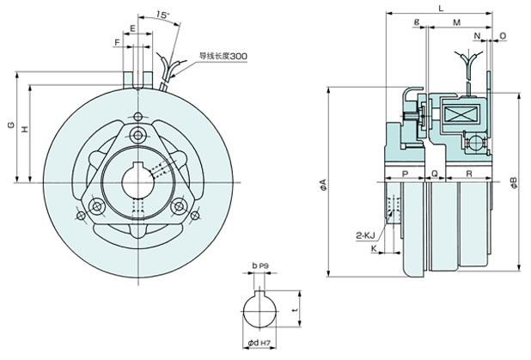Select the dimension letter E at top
pos(134,28)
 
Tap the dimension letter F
pos(117,40)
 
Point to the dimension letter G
pos(9,127)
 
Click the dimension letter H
pos(24,129)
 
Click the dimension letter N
pos(477,36)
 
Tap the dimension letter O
pos(503,36)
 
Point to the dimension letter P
pos(403,174)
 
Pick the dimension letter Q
pos(435,174)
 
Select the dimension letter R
pos(467,174)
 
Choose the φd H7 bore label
pos(260,345)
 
